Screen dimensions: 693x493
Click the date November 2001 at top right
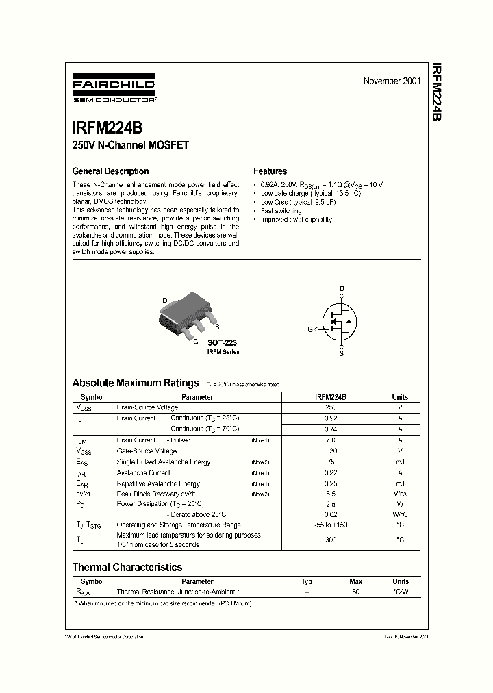pyautogui.click(x=392, y=81)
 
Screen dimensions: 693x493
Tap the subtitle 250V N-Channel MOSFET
pyautogui.click(x=130, y=145)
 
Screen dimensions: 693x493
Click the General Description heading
pyautogui.click(x=110, y=171)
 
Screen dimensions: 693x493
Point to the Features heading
pyautogui.click(x=270, y=171)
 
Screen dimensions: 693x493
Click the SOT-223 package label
pyautogui.click(x=223, y=342)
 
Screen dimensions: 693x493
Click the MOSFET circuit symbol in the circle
pyautogui.click(x=341, y=320)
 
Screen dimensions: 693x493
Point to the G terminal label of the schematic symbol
pyautogui.click(x=309, y=329)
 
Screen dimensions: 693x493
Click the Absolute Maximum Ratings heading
pyautogui.click(x=136, y=383)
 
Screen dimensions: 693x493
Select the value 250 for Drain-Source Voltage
pyautogui.click(x=331, y=407)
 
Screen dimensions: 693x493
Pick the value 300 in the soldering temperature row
pyautogui.click(x=331, y=540)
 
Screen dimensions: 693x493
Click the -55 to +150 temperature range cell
pyautogui.click(x=331, y=525)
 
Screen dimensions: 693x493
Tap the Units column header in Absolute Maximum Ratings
pyautogui.click(x=400, y=397)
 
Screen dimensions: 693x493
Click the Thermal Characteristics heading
pyautogui.click(x=127, y=567)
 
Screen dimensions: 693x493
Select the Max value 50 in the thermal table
pyautogui.click(x=355, y=591)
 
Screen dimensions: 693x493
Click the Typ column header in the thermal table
pyautogui.click(x=307, y=581)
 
